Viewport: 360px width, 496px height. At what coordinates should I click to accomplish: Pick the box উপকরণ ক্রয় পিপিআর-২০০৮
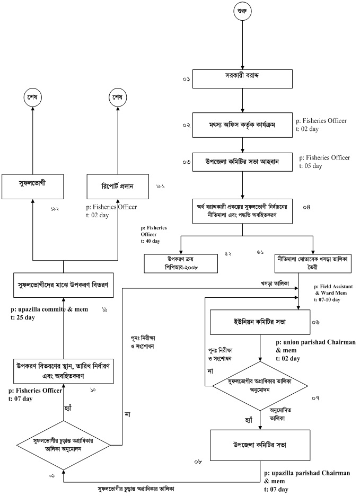(x=181, y=263)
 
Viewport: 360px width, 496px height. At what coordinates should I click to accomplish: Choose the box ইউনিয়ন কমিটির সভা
(x=259, y=322)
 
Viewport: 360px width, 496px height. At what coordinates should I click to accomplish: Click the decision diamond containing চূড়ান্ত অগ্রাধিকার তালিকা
(x=63, y=444)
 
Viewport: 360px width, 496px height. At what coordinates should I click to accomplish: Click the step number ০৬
(x=316, y=322)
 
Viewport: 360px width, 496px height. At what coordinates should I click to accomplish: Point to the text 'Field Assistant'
(x=338, y=286)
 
